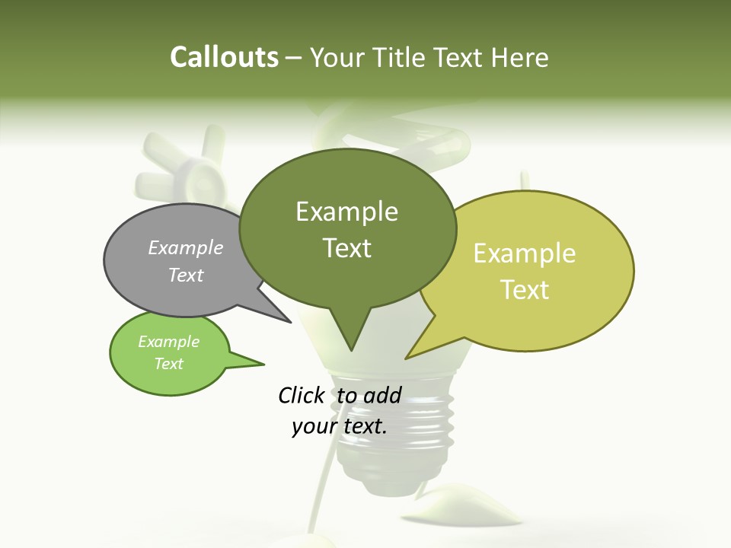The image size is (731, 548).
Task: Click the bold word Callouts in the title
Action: (224, 57)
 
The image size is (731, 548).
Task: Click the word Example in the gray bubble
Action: (186, 247)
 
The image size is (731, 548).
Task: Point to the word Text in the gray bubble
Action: (186, 275)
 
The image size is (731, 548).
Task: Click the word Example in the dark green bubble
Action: (346, 212)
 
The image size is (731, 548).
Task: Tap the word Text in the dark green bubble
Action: (347, 248)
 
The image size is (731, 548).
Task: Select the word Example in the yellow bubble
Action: (525, 253)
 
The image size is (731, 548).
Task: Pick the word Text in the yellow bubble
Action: (525, 290)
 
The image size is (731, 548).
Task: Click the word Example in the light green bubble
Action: (168, 342)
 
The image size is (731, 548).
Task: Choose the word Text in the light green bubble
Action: (168, 364)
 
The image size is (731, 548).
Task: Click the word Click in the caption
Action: (302, 395)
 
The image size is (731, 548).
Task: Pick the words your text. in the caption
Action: (340, 426)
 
